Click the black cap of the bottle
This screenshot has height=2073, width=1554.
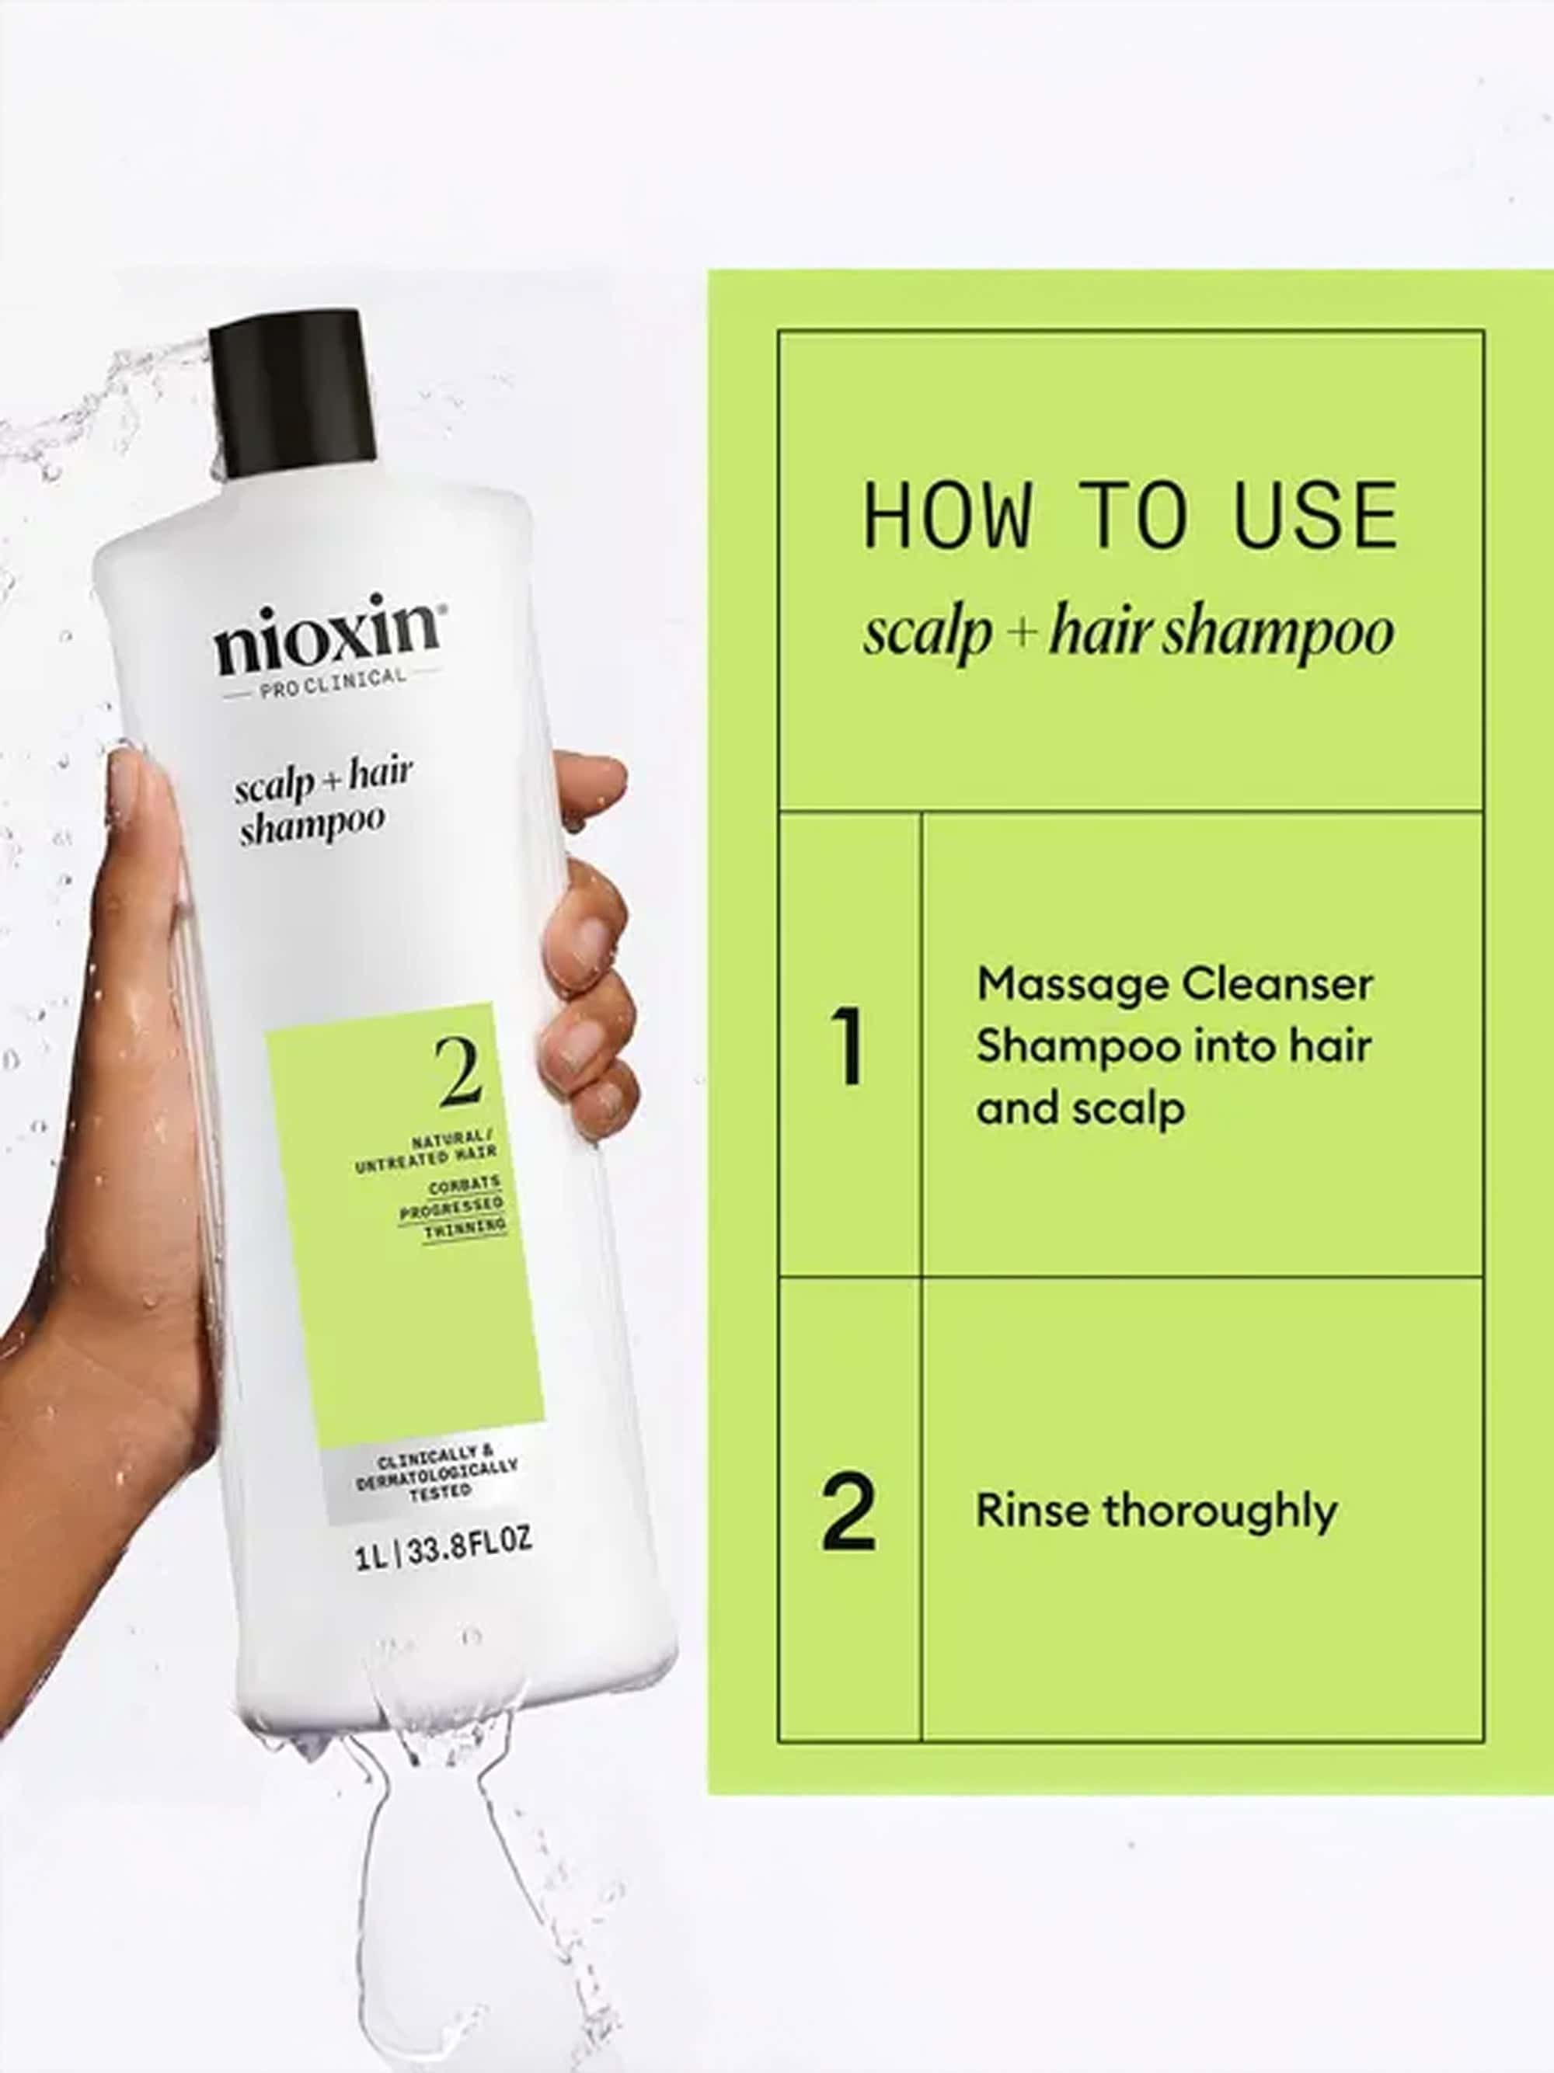pyautogui.click(x=291, y=394)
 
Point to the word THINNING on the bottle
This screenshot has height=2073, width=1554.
pyautogui.click(x=464, y=1229)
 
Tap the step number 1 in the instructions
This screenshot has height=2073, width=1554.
pyautogui.click(x=848, y=1046)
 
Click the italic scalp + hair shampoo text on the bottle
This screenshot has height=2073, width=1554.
pyautogui.click(x=322, y=802)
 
